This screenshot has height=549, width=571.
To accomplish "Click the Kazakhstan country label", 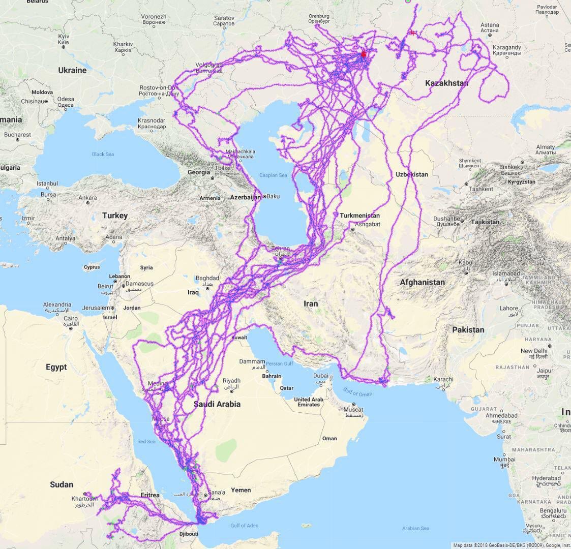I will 446,83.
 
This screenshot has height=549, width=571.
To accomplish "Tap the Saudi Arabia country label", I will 217,404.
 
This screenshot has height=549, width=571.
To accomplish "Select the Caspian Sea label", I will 273,175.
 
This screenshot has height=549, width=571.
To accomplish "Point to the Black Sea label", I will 103,154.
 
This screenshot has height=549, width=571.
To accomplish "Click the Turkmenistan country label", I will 359,216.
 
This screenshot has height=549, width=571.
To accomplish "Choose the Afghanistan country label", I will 422,282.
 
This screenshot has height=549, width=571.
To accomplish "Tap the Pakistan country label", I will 468,329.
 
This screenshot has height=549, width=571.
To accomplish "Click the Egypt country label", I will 56,367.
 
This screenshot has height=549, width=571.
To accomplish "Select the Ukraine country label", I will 72,70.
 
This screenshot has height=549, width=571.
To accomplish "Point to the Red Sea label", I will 146,441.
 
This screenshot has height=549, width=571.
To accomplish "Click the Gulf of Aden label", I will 244,526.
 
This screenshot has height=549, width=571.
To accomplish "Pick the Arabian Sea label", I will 415,528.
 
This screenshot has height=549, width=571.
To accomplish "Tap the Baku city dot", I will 264,196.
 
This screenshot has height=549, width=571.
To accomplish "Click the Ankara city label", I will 87,198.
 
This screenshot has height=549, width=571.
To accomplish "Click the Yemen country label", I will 241,490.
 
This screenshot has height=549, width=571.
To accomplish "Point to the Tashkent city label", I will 481,189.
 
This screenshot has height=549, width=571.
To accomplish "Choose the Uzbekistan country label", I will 412,174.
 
